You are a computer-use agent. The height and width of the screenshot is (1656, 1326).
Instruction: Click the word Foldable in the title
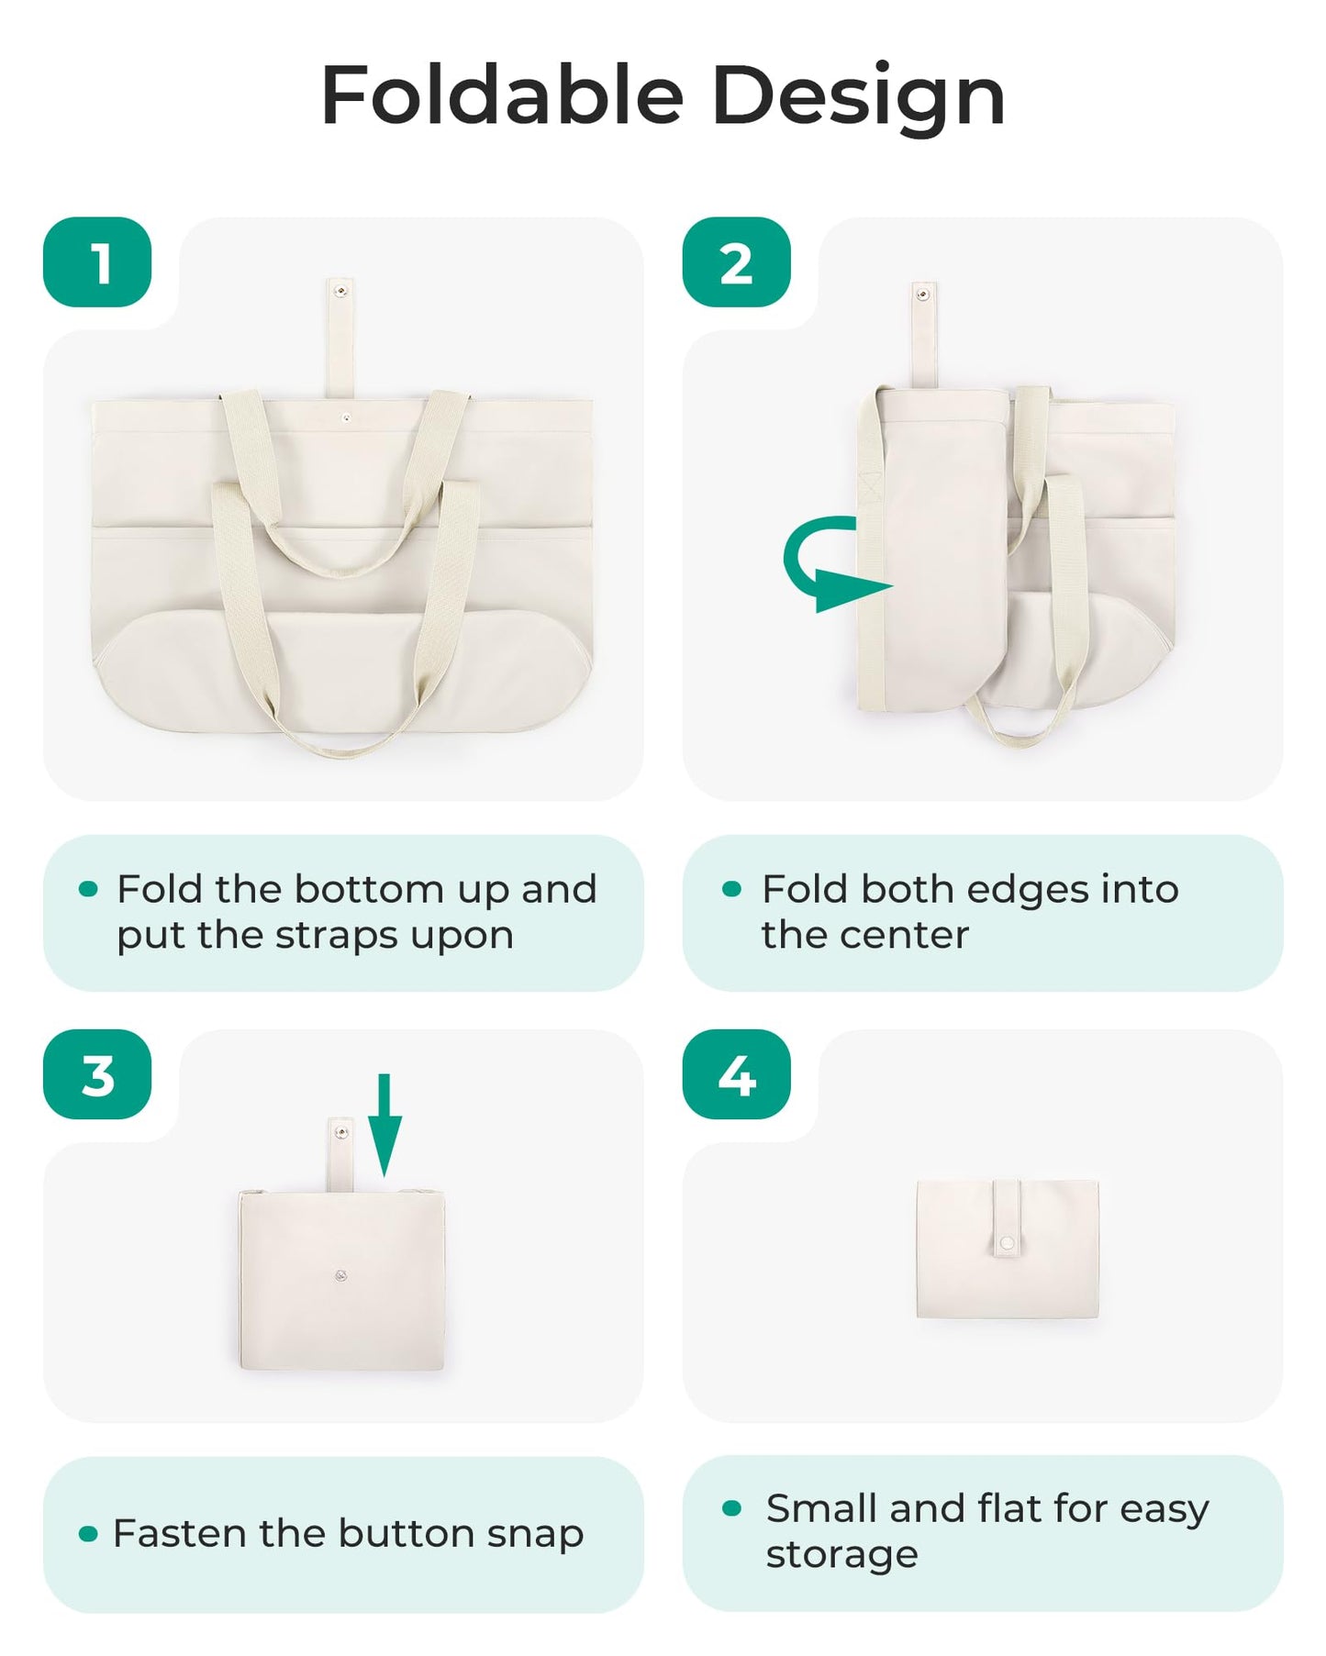(x=502, y=96)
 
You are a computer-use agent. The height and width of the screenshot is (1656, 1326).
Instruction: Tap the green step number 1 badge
(x=97, y=262)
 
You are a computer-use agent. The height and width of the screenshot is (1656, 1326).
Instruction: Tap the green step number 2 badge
(x=736, y=262)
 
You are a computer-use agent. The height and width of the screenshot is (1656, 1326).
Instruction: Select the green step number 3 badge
(x=97, y=1074)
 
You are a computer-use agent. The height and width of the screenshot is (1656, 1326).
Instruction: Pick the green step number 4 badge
(x=736, y=1074)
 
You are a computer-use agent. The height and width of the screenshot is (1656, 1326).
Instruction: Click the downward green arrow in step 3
(x=384, y=1125)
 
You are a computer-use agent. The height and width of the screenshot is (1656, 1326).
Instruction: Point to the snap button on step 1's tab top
(x=340, y=292)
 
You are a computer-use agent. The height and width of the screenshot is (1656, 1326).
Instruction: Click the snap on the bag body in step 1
(x=346, y=417)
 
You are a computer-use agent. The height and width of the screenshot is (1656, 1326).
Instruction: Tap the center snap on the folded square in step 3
(x=340, y=1274)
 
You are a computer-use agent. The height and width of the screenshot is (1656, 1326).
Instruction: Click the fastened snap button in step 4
(x=1007, y=1242)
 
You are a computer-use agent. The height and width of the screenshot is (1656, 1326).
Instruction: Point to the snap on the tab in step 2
(x=923, y=295)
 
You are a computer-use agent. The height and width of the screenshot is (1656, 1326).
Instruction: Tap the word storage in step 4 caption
(x=841, y=1554)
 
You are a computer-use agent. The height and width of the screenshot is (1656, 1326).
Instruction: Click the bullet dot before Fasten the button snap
(x=88, y=1533)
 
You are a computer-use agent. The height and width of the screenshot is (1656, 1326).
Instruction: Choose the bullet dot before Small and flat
(x=731, y=1507)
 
